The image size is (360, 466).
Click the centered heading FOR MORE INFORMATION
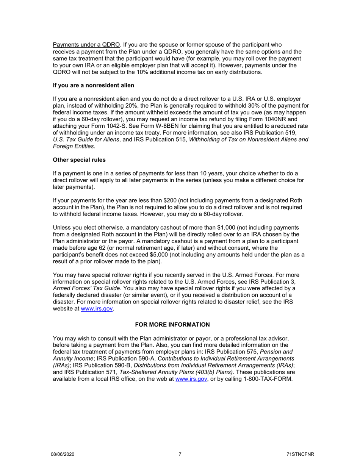(x=172, y=325)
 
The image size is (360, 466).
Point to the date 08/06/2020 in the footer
(x=62, y=455)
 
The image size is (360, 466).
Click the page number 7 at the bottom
(x=180, y=455)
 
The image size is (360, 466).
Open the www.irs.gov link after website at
(x=97, y=309)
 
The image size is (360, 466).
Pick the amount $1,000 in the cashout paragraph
(x=205, y=228)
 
